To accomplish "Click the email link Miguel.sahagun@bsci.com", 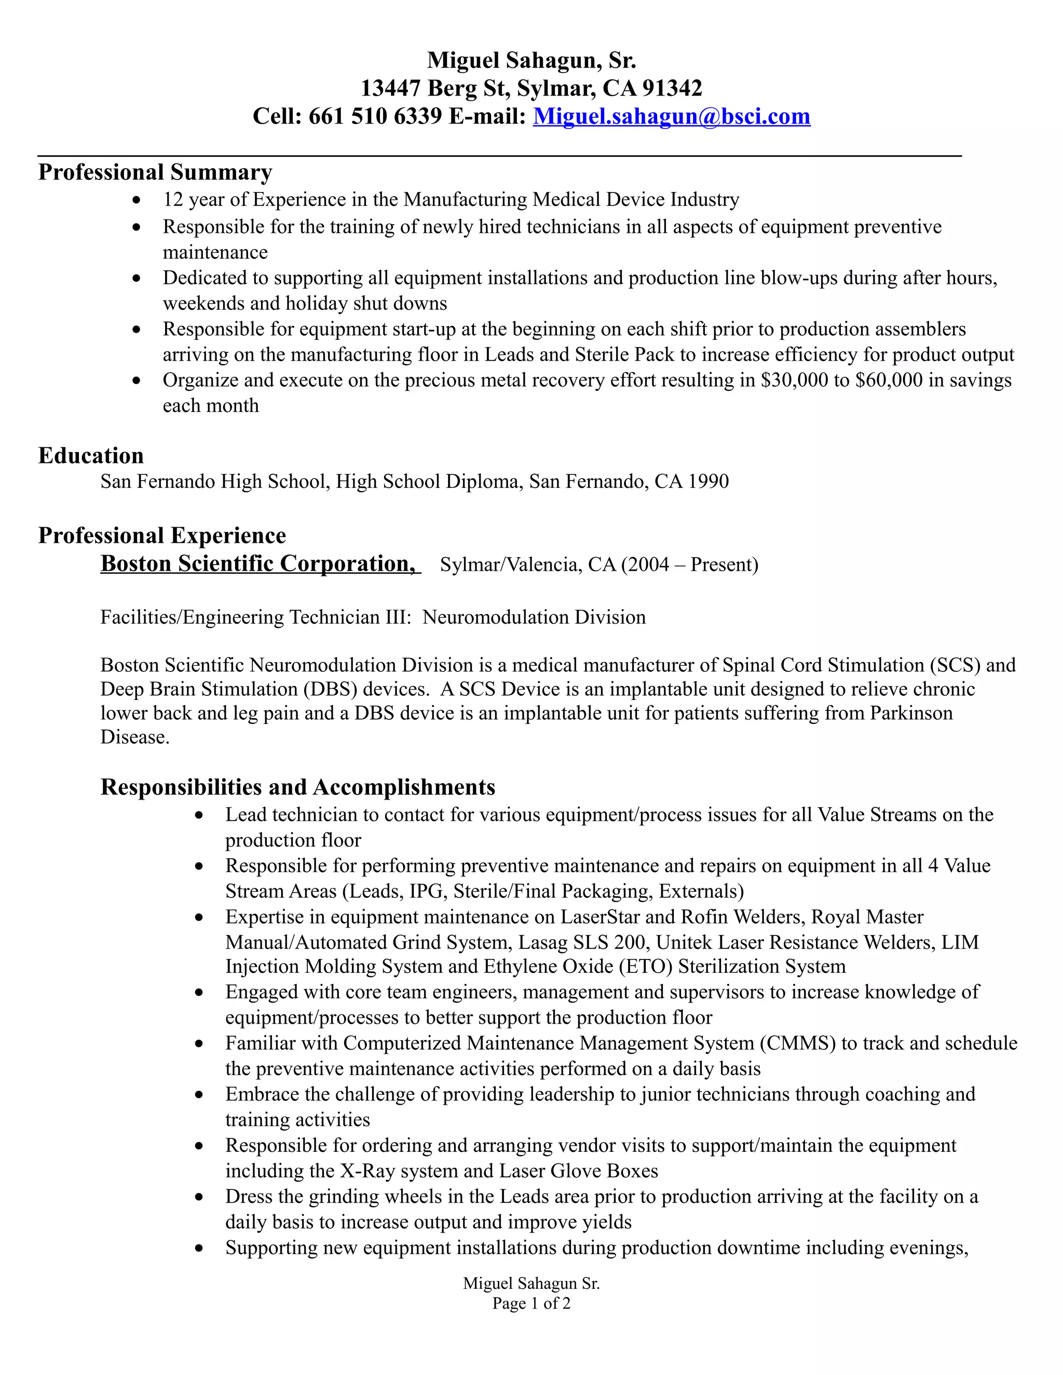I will click(x=671, y=116).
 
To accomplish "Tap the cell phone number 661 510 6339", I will click(x=375, y=116).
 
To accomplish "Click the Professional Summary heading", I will click(x=155, y=172).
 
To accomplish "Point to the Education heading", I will click(x=91, y=455).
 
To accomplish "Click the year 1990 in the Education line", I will click(x=708, y=482).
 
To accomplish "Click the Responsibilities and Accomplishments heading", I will click(x=298, y=787).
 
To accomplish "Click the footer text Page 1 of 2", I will click(x=531, y=1303).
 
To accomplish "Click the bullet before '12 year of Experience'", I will click(x=137, y=201).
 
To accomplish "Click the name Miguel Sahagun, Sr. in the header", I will click(x=531, y=60).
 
